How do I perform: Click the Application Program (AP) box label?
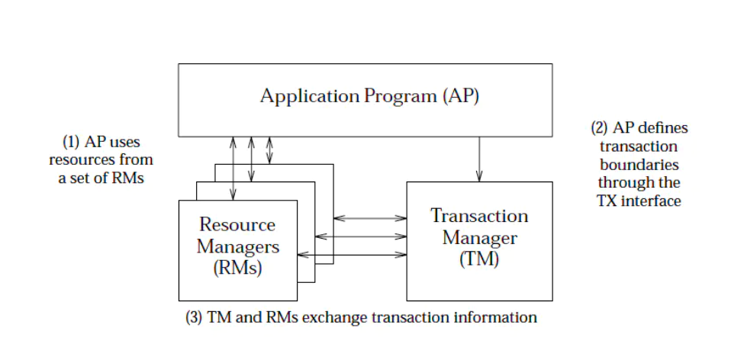[x=369, y=97]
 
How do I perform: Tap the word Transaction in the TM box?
[x=479, y=216]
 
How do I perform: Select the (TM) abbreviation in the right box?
[x=479, y=259]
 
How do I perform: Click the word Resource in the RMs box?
[x=237, y=224]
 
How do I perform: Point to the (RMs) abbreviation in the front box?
[x=237, y=268]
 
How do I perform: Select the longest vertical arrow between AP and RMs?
[x=233, y=168]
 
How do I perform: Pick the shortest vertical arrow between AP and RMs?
[x=269, y=149]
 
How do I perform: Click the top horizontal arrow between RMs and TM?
[x=370, y=218]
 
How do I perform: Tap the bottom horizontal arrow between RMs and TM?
[x=352, y=255]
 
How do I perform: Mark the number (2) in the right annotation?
[x=601, y=128]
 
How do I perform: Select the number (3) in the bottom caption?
[x=195, y=317]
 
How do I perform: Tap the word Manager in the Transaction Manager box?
[x=479, y=237]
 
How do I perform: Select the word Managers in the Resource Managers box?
[x=237, y=246]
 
